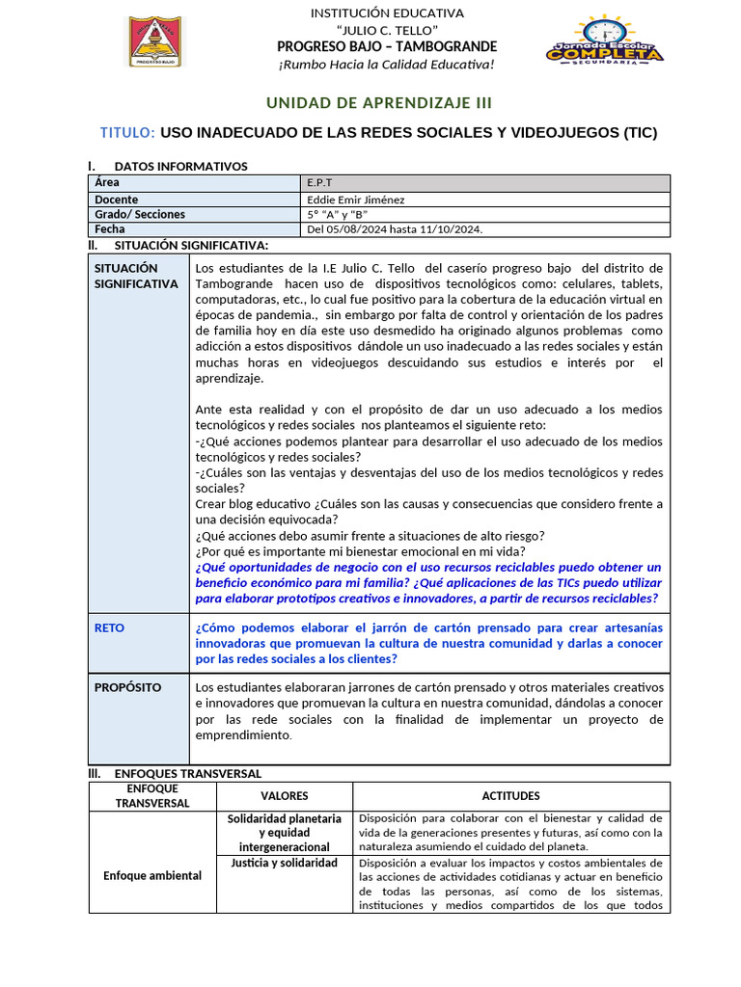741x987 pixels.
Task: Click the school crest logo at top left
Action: click(x=155, y=41)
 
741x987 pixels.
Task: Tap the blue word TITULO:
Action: click(x=127, y=133)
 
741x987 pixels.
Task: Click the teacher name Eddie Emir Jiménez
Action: click(x=355, y=200)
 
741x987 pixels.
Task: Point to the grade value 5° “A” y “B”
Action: click(x=337, y=214)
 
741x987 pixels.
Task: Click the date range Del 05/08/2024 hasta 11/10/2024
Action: click(x=394, y=229)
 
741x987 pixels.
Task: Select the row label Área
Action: click(x=106, y=183)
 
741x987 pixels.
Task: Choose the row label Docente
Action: click(x=117, y=200)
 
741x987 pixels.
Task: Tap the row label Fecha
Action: click(x=110, y=229)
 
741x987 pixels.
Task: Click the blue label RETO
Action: click(x=109, y=628)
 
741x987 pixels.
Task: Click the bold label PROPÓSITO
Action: click(x=127, y=688)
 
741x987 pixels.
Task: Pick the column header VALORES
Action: click(x=285, y=796)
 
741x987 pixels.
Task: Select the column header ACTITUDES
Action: click(x=510, y=796)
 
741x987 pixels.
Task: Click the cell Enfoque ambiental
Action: click(x=152, y=875)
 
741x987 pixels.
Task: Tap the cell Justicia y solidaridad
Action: click(x=285, y=863)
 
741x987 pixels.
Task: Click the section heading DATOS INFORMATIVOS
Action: click(x=180, y=167)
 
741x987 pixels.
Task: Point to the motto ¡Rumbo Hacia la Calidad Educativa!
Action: click(x=386, y=65)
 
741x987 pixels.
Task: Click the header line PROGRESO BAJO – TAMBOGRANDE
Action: click(x=386, y=47)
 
